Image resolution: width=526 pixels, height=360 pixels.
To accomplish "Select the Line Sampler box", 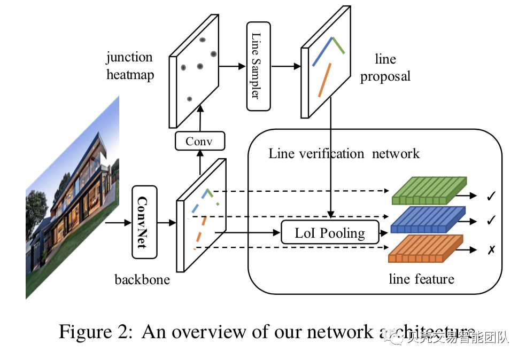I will pyautogui.click(x=258, y=66).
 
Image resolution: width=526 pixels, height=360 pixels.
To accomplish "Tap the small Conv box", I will pyautogui.click(x=200, y=142).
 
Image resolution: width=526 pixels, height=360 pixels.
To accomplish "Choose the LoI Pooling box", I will pyautogui.click(x=330, y=232).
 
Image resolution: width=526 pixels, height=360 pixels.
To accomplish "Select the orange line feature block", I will pyautogui.click(x=425, y=249).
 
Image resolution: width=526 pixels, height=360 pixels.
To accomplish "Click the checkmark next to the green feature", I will pyautogui.click(x=491, y=197).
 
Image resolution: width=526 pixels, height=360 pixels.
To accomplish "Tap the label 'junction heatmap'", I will pyautogui.click(x=130, y=66).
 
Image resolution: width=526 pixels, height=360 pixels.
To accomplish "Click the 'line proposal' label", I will pyautogui.click(x=385, y=68).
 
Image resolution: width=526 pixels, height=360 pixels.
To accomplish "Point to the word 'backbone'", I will pyautogui.click(x=142, y=279).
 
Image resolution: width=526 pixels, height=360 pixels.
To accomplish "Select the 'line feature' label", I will pyautogui.click(x=422, y=278).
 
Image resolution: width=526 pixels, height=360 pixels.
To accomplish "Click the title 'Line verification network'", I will pyautogui.click(x=344, y=154).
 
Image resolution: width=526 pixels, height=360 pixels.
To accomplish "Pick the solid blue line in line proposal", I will pyautogui.click(x=323, y=52).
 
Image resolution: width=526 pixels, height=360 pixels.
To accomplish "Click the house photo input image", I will pyautogui.click(x=72, y=198).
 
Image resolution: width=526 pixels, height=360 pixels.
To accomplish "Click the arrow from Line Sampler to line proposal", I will pyautogui.click(x=287, y=67).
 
